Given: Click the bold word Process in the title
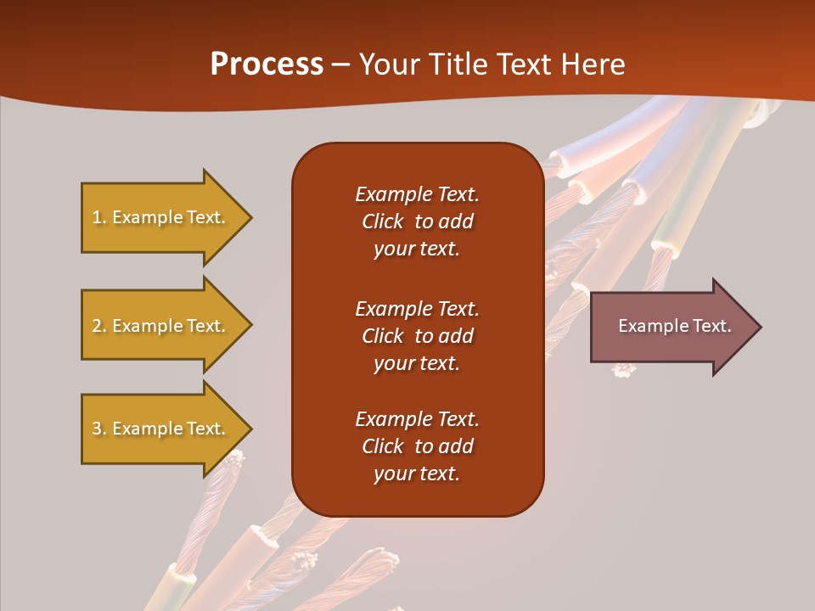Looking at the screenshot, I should click(267, 64).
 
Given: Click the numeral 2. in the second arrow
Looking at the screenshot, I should click(98, 326).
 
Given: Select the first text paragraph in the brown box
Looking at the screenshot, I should click(417, 221).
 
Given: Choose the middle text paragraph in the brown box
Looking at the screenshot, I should click(417, 336).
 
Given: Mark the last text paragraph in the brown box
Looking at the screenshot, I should click(417, 446).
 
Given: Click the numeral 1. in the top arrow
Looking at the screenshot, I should click(98, 217).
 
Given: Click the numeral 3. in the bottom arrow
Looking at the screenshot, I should click(98, 429).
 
